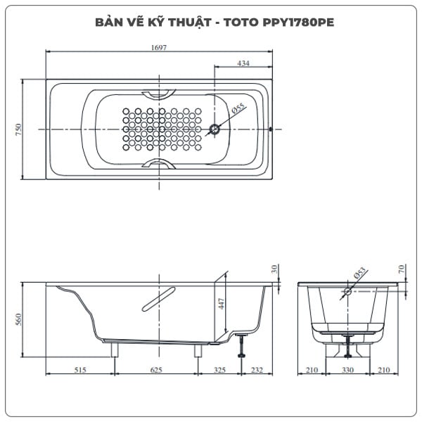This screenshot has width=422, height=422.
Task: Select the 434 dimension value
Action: [x=243, y=63]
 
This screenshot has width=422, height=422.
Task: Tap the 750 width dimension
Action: [x=18, y=129]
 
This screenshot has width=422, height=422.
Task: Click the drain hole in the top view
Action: [x=215, y=129]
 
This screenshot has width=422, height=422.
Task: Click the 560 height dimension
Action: [x=18, y=319]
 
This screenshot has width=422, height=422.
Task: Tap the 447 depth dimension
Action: [x=220, y=303]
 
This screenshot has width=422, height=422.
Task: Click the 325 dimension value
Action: [x=219, y=369]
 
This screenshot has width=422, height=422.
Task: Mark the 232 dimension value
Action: [x=257, y=369]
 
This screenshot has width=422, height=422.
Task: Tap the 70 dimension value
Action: [x=401, y=269]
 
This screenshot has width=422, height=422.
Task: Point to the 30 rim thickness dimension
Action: [x=275, y=269]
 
